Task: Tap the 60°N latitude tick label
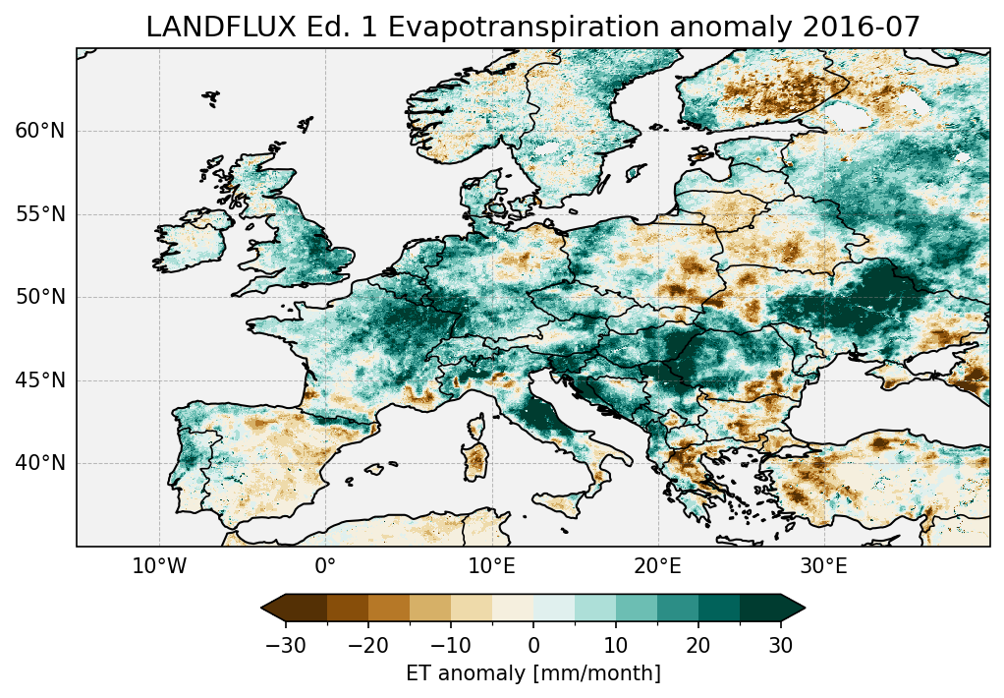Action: point(39,131)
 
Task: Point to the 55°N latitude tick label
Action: point(39,214)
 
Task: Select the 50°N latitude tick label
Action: point(39,297)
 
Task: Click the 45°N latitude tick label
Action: point(39,380)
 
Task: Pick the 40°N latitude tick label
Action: point(39,463)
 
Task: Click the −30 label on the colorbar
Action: point(285,645)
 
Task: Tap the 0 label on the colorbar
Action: point(533,645)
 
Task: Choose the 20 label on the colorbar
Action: point(698,645)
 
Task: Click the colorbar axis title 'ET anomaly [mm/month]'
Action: point(533,673)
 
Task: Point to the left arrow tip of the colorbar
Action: point(263,609)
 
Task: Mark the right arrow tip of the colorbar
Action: point(804,609)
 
